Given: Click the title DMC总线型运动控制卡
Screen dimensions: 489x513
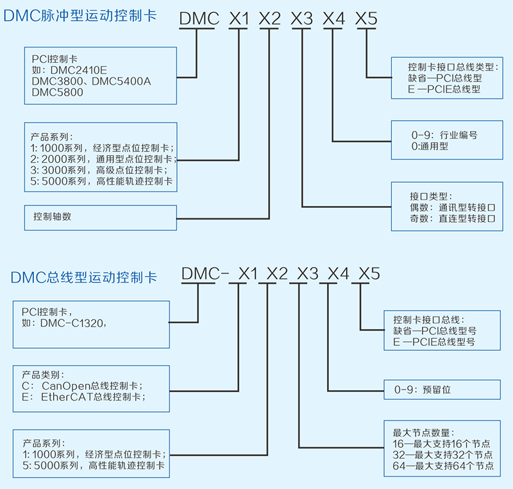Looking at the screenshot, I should [x=84, y=277].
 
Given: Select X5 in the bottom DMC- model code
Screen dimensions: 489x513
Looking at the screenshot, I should [x=369, y=273].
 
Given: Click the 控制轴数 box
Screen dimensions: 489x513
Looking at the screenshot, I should [x=100, y=217].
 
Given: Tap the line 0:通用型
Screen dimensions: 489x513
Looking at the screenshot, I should [x=430, y=146].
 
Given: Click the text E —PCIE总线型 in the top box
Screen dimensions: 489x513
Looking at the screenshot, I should [x=444, y=88].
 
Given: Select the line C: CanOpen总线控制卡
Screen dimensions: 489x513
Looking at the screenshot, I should [x=82, y=386].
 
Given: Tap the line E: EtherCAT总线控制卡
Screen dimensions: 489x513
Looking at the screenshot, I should [x=83, y=397].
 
